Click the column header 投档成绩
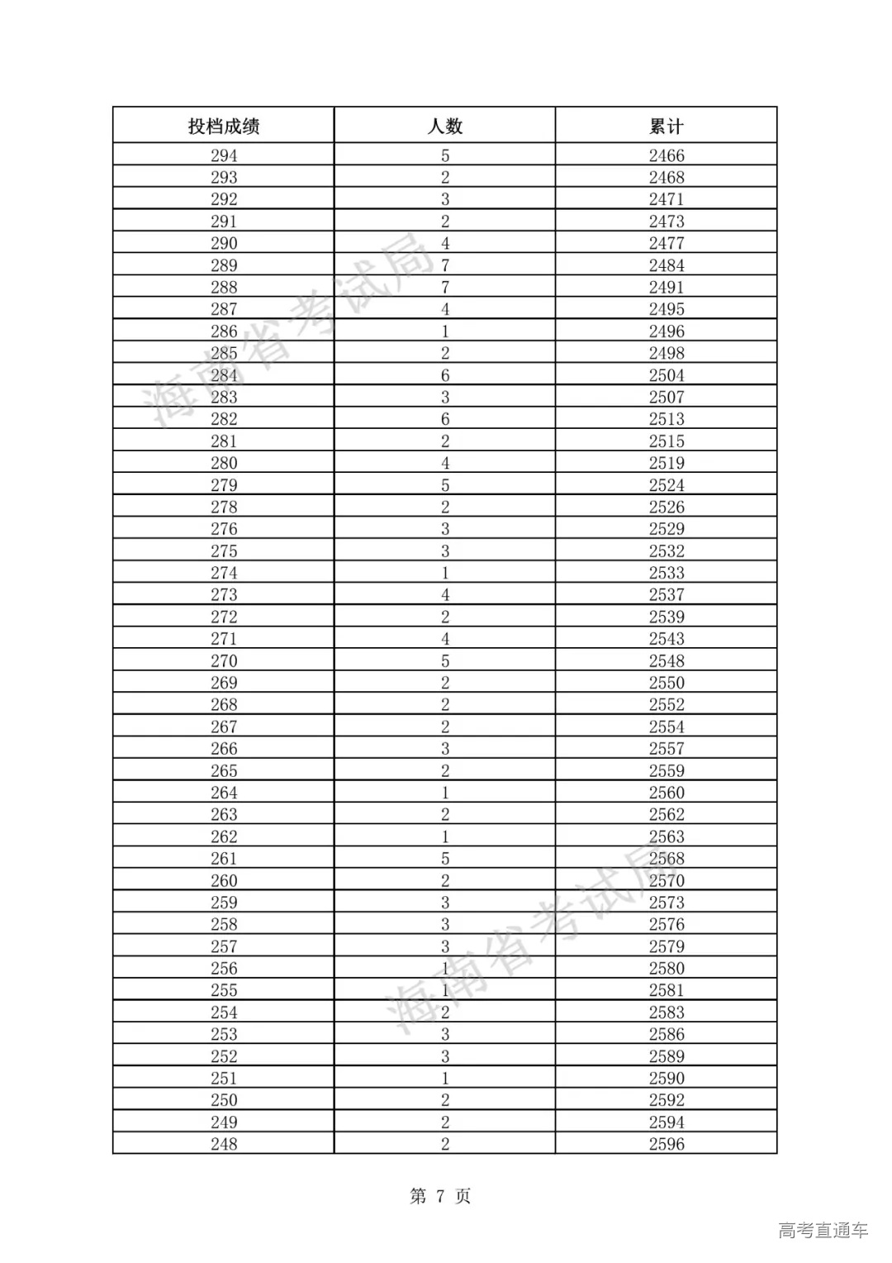(224, 126)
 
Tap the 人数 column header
(445, 126)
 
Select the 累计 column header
(667, 126)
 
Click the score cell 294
(224, 155)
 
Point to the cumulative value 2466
(667, 155)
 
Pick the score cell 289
(224, 265)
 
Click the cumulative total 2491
(667, 288)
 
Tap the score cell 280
(224, 463)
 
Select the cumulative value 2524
(667, 485)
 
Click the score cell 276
(224, 529)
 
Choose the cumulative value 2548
(667, 661)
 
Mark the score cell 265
(224, 770)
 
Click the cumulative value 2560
(667, 793)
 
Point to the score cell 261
(224, 859)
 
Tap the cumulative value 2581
(667, 990)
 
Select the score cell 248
(224, 1144)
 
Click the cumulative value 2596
(667, 1144)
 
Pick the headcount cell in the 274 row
(445, 573)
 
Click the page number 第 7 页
(440, 1196)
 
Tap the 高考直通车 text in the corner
(823, 1230)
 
